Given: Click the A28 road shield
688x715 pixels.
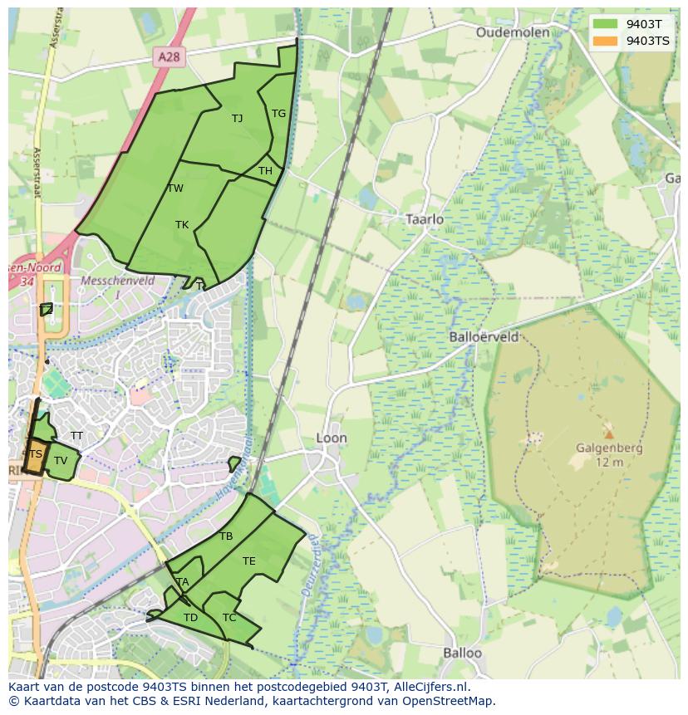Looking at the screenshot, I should pos(169,56).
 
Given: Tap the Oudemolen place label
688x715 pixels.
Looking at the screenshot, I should pos(513,32).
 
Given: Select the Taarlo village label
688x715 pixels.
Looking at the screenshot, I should pos(424,219).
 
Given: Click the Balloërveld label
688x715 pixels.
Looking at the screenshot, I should pos(484,337).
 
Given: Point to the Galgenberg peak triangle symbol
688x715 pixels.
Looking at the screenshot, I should pos(609,433).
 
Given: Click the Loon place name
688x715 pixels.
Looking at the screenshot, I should pos(332,438).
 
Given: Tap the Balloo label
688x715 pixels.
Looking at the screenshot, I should pos(462,653).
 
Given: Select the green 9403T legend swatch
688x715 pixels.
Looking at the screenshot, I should pos(605,24).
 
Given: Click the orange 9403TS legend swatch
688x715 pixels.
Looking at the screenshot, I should pos(605,41).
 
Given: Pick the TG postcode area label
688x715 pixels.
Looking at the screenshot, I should pos(278,114).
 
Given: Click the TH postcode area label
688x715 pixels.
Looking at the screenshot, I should pos(265,171).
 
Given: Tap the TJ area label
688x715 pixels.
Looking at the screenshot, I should pos(237,118).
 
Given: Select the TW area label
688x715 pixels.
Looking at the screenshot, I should pos(175,189).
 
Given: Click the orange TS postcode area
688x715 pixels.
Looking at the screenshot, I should pos(35,455).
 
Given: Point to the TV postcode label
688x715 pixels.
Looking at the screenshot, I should pos(61,460).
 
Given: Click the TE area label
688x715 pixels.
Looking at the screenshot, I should pos(248,561).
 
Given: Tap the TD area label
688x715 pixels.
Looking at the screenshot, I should pos(190,617).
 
